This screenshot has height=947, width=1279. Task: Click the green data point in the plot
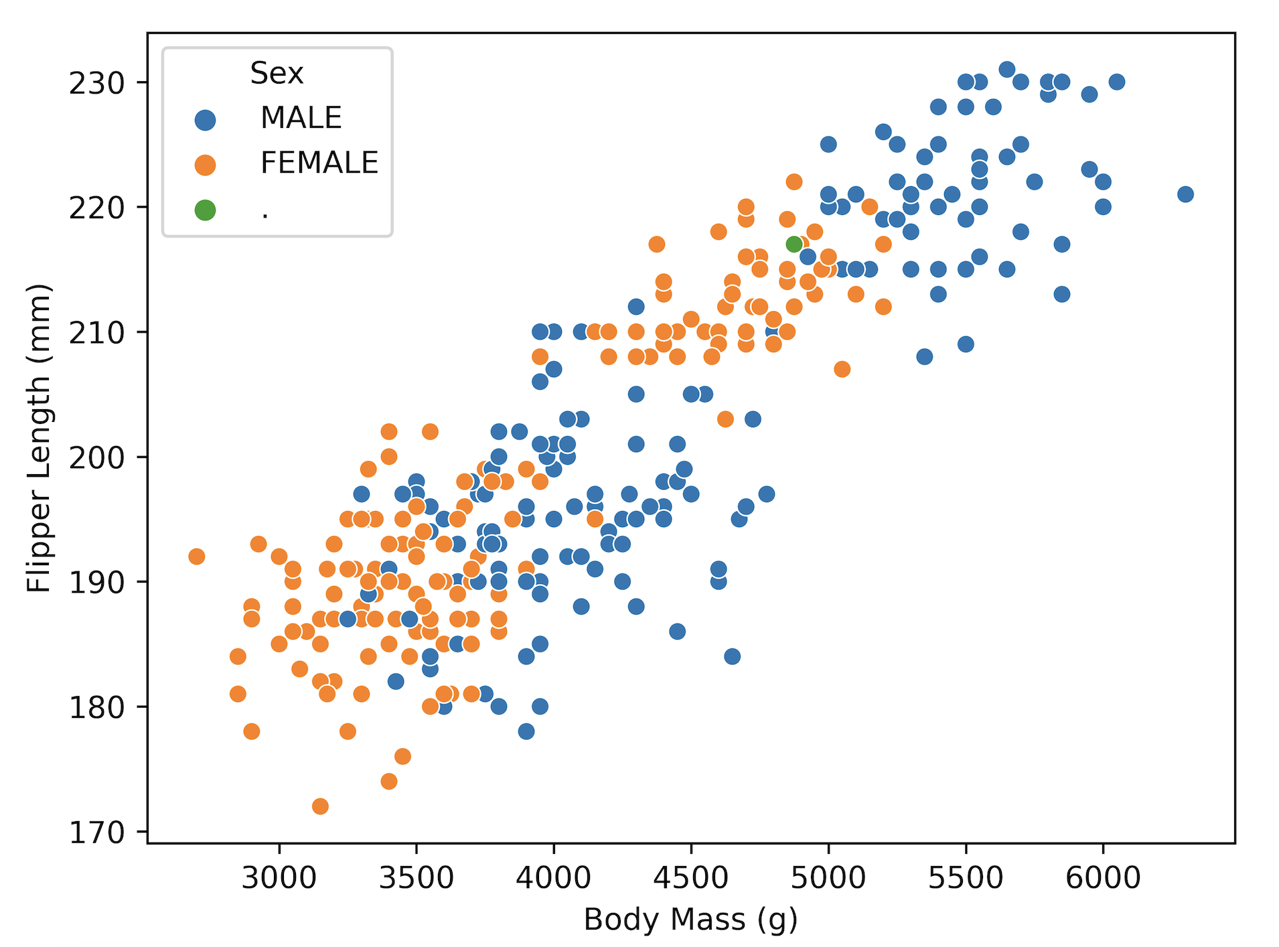point(794,244)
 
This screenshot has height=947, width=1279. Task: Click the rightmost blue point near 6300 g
point(1185,194)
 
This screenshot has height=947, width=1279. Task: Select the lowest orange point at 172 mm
point(320,806)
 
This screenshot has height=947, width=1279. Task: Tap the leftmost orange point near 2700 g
point(196,557)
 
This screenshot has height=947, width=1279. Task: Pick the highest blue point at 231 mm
point(1006,70)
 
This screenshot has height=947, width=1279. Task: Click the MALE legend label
point(301,118)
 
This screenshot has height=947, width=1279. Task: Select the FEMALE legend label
point(319,163)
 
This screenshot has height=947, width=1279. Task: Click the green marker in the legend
point(205,210)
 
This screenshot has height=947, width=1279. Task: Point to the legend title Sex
point(277,73)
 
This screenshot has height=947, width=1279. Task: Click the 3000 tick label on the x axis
point(279,877)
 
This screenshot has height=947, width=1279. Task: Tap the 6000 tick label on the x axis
point(1103,877)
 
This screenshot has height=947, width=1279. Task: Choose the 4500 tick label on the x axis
point(690,877)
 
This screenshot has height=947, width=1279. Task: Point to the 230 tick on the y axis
point(97,83)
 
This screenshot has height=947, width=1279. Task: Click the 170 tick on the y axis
point(97,832)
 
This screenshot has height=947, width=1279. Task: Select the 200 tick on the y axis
point(97,457)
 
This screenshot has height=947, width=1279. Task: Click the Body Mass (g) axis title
point(690,920)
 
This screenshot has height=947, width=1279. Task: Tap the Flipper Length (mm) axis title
point(39,438)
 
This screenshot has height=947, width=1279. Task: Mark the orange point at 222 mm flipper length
point(794,181)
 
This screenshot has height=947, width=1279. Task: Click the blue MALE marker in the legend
point(205,120)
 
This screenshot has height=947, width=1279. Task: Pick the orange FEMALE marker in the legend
point(205,165)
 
